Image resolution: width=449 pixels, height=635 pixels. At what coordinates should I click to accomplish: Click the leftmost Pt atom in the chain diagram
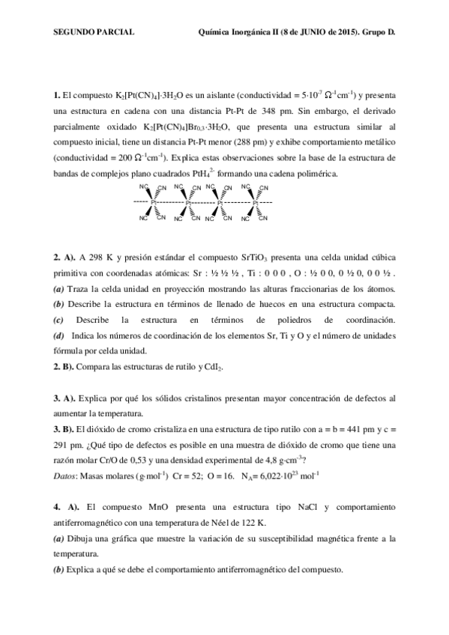(154, 202)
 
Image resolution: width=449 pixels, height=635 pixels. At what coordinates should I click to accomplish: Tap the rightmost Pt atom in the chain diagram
(256, 202)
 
